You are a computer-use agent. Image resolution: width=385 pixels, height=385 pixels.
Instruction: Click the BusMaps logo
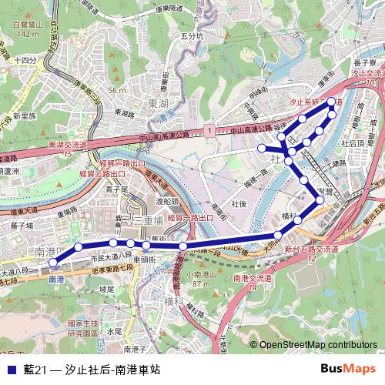point(348,369)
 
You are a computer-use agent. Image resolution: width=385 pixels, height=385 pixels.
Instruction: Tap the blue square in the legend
point(10,370)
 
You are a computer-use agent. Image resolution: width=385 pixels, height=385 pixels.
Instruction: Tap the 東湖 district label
point(159,102)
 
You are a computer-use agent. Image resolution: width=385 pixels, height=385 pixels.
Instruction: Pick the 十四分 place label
point(25,60)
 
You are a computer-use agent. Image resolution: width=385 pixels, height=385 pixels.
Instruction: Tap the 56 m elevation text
point(117,90)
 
